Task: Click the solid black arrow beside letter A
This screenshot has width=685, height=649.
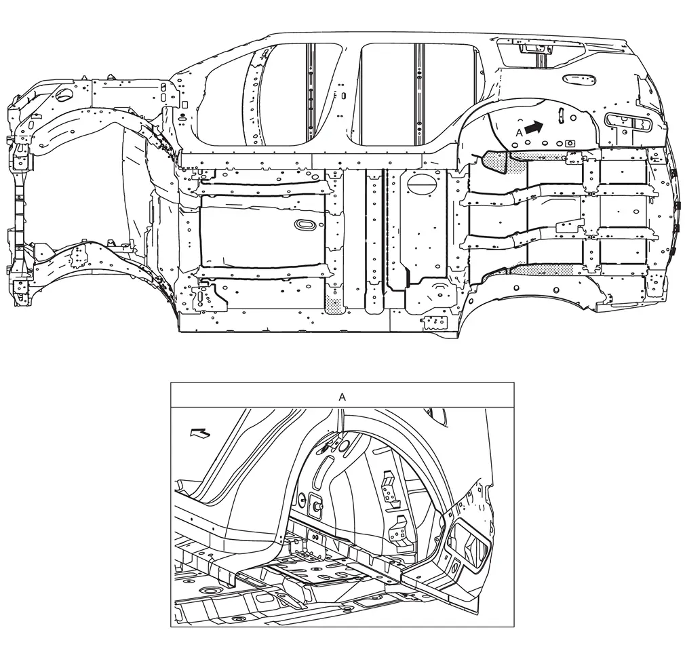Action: click(534, 127)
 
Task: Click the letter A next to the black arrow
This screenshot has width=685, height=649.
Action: click(519, 132)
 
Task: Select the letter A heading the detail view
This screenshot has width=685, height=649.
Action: click(342, 397)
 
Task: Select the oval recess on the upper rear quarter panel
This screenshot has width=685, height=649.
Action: click(580, 79)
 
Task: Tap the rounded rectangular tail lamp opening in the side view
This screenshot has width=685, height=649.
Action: click(627, 121)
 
